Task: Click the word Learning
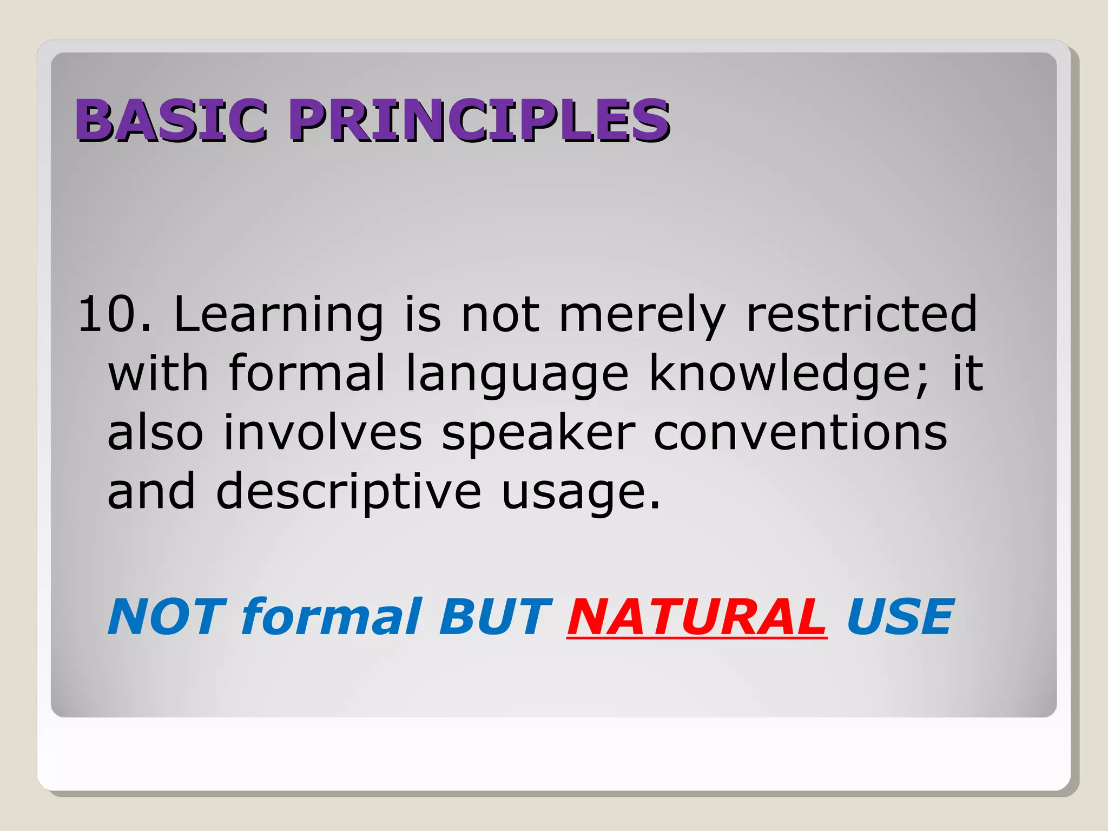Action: [279, 315]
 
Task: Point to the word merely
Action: [642, 315]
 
